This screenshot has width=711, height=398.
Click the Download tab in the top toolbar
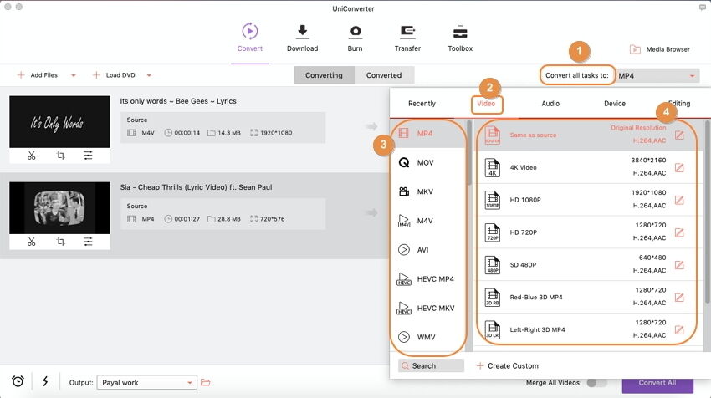coord(302,37)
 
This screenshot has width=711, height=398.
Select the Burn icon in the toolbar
coord(355,37)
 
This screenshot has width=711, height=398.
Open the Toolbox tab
coord(460,37)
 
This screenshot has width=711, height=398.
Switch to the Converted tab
coord(384,75)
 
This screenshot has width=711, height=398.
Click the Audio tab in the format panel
coord(550,104)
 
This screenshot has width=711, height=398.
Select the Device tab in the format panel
coord(615,104)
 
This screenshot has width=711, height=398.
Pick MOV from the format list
coord(425,162)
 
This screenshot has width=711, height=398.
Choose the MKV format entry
coord(425,191)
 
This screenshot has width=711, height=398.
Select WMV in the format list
coord(425,337)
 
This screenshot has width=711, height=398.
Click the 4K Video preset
coord(524,167)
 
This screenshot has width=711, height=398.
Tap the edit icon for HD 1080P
coord(679,201)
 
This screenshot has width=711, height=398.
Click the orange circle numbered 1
coord(578,50)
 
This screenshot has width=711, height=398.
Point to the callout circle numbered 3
coord(382,144)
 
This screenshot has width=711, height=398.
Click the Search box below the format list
coord(431,365)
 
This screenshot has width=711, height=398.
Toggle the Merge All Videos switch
coord(596,383)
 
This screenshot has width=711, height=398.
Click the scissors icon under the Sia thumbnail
coord(31,242)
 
